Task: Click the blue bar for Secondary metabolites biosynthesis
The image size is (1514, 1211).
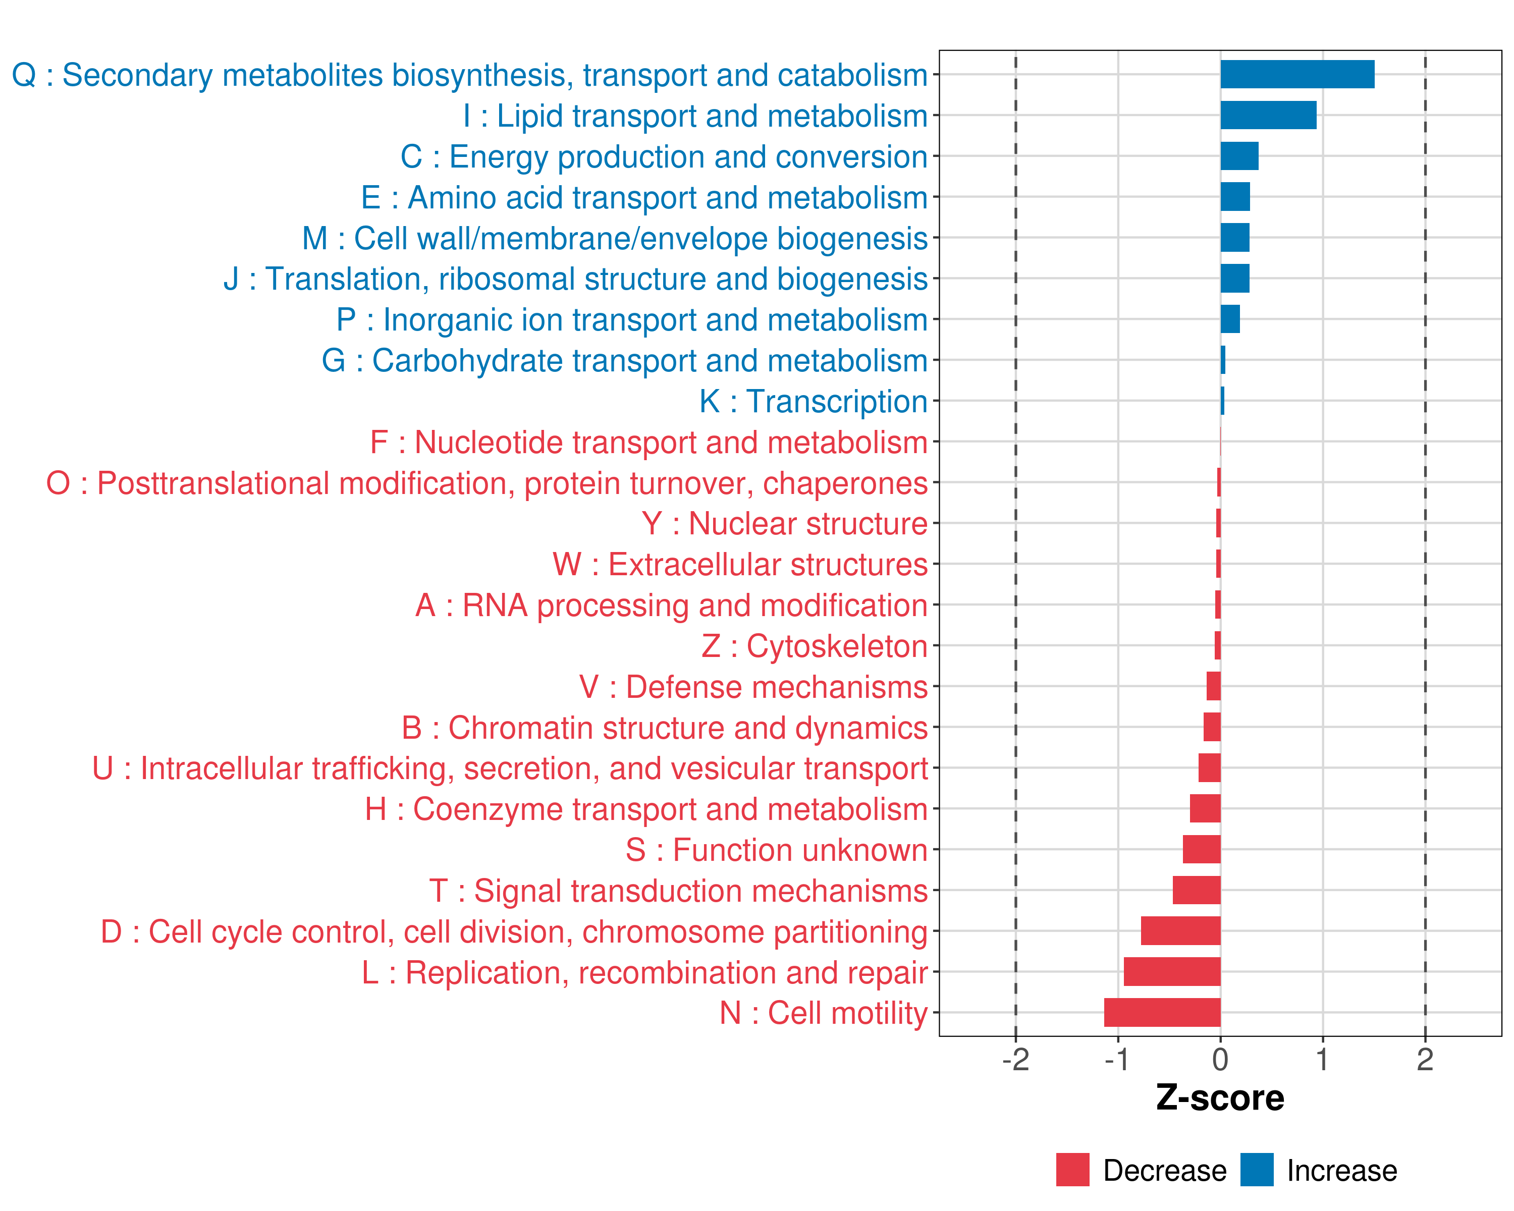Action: (1297, 74)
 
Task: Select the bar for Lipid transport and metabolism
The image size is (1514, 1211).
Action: (1268, 115)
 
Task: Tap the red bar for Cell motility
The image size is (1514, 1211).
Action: (1162, 1012)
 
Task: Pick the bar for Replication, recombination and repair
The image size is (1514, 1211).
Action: (1172, 972)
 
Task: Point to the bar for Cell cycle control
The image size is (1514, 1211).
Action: (1180, 931)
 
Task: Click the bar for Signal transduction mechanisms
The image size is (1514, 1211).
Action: (1197, 890)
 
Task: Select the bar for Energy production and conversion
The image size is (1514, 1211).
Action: (1239, 156)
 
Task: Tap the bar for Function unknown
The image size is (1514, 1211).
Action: (1202, 849)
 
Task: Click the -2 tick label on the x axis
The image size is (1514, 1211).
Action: (1015, 1059)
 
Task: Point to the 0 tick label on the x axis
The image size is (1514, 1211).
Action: (1220, 1059)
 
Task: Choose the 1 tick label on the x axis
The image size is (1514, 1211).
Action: (1322, 1059)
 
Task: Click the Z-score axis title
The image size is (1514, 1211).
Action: (1220, 1098)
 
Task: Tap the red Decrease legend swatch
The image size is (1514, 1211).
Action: (1072, 1170)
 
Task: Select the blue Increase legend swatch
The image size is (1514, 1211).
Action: (1256, 1170)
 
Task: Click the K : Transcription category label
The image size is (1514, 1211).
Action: (813, 402)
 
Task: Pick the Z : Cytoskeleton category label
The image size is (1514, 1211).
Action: (815, 646)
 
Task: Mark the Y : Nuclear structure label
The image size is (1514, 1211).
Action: (784, 524)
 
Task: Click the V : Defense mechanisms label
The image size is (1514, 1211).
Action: (753, 687)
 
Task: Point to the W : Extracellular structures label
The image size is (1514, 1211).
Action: (740, 565)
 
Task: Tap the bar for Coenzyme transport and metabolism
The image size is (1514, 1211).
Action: (1205, 809)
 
